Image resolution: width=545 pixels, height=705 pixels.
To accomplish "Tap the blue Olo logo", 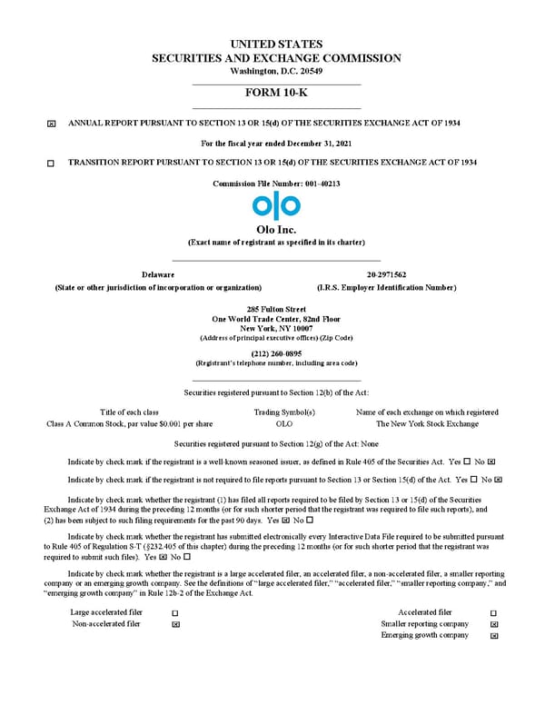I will [276, 206].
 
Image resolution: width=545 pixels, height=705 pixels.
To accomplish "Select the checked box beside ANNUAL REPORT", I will [51, 123].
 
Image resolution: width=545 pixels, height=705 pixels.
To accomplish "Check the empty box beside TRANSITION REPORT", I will [51, 163].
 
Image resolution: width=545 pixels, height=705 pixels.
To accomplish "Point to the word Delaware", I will [158, 274].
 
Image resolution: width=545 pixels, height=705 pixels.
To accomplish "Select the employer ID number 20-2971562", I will [386, 274].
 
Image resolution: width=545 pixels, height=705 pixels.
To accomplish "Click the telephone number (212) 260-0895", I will [276, 353].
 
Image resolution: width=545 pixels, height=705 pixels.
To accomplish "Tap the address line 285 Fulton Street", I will [276, 310].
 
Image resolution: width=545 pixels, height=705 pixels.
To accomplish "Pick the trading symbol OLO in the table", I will [284, 423].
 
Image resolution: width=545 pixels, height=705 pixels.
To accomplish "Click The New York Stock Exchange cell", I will [427, 423].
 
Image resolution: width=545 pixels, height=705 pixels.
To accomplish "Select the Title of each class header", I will [129, 412].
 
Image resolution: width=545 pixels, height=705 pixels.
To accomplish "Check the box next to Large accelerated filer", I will [175, 614].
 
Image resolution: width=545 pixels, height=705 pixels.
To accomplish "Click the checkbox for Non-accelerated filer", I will [175, 625].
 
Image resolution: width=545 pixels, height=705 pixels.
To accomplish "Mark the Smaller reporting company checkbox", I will [493, 625].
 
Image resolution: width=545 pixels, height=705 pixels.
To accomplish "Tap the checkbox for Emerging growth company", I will [493, 636].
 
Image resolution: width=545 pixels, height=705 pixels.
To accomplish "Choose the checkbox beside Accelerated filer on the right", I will [493, 614].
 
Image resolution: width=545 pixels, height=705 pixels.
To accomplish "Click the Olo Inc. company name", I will [276, 230].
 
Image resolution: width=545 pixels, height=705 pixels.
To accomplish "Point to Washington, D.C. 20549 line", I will [276, 71].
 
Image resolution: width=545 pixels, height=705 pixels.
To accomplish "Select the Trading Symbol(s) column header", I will [284, 412].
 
